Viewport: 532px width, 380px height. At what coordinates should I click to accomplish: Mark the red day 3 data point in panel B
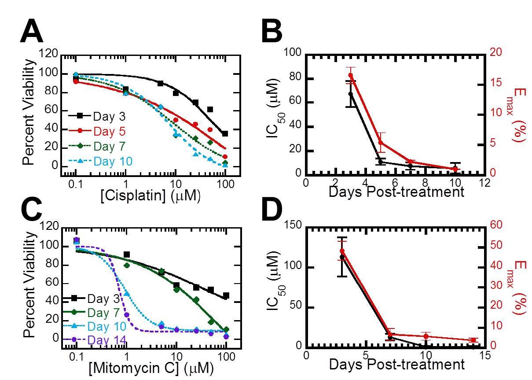pyautogui.click(x=351, y=75)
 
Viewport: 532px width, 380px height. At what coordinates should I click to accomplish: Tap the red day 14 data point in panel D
pyautogui.click(x=473, y=340)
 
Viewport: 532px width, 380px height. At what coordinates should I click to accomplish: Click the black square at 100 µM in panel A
pyautogui.click(x=225, y=133)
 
